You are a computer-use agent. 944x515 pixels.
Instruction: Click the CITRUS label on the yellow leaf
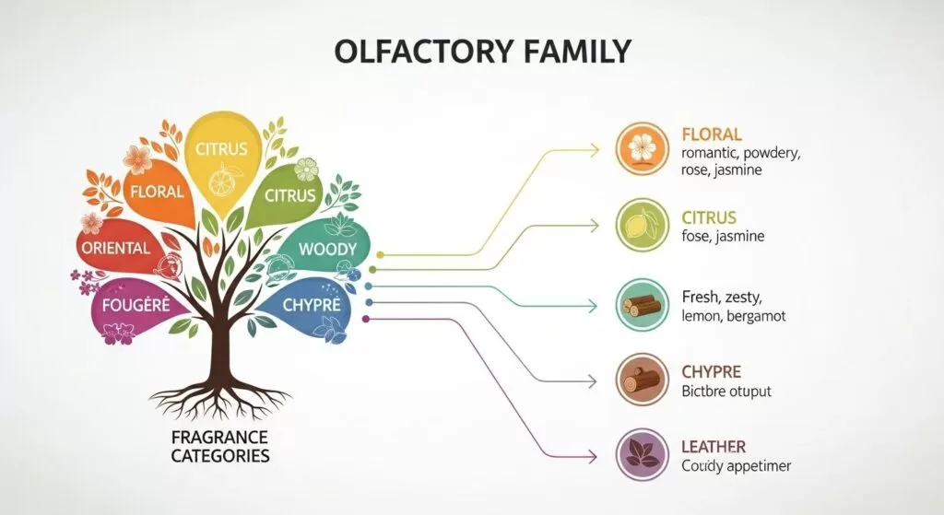click(222, 147)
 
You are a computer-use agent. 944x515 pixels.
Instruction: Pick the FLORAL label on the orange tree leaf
click(158, 193)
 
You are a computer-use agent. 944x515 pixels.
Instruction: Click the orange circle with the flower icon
click(639, 149)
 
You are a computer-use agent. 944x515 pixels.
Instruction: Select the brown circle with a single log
click(639, 379)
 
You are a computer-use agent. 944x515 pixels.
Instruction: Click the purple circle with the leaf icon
click(639, 453)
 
